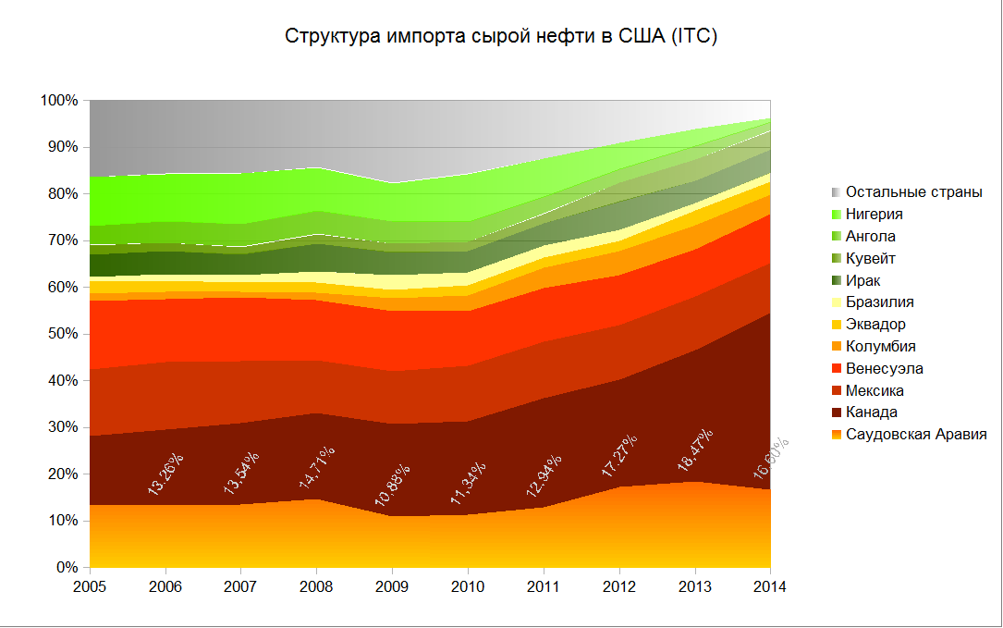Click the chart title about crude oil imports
[501, 37]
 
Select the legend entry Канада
[871, 413]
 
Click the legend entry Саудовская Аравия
[915, 435]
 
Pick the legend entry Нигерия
[874, 215]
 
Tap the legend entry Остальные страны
[913, 192]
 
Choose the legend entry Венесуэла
[884, 369]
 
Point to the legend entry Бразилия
[880, 302]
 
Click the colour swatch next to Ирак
[837, 280]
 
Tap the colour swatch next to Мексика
[837, 391]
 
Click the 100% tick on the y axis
[60, 100]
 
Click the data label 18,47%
[696, 451]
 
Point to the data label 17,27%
[620, 455]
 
